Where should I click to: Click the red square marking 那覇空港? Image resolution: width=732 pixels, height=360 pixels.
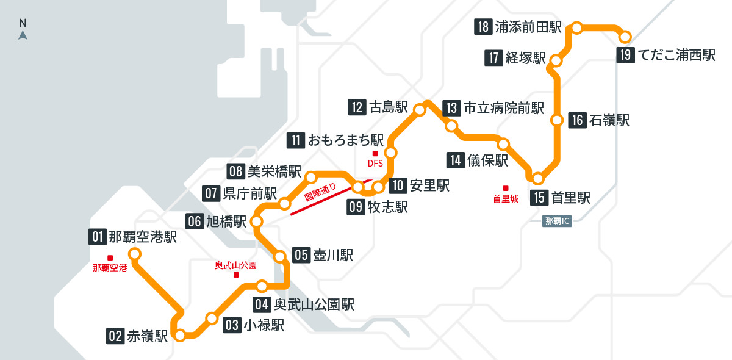[110, 257]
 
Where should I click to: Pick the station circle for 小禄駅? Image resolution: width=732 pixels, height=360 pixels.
[212, 318]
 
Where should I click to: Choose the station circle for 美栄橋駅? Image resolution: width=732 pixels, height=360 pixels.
[310, 178]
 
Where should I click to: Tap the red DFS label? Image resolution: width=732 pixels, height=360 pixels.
[375, 163]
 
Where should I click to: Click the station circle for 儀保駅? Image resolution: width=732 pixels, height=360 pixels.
[503, 144]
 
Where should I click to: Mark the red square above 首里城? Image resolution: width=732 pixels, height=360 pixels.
[505, 188]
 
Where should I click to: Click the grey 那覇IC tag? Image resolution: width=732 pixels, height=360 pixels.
[556, 221]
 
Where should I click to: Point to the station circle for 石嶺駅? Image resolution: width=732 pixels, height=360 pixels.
[556, 120]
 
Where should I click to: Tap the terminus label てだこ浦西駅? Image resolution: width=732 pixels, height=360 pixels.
[676, 55]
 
